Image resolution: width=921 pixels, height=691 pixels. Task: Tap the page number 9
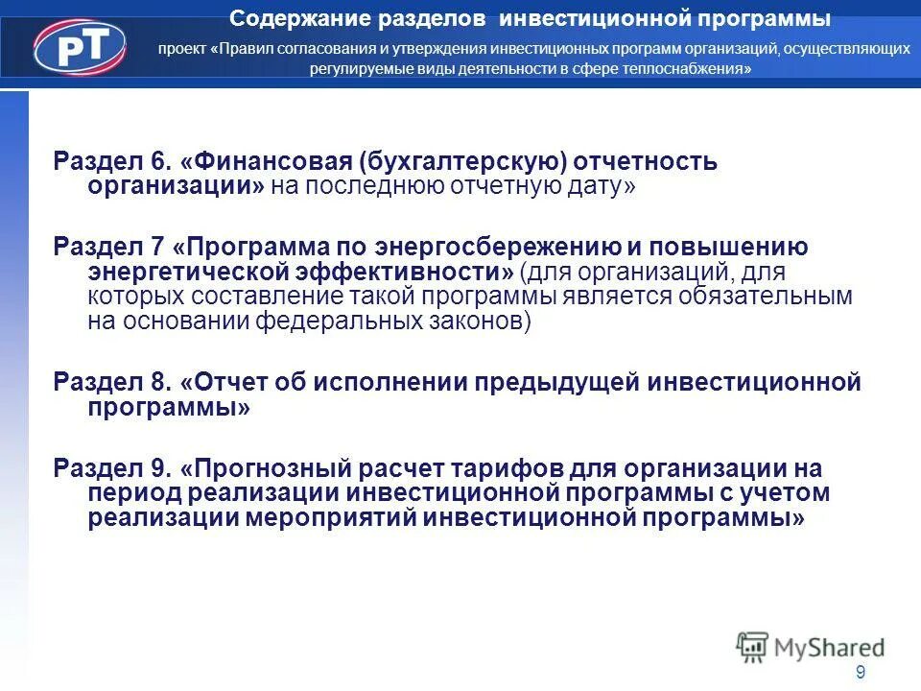click(861, 672)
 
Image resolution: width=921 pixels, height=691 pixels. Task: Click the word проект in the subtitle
click(182, 48)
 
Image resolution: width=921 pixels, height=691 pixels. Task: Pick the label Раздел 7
click(106, 247)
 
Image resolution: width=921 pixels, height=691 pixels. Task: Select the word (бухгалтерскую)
click(460, 161)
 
